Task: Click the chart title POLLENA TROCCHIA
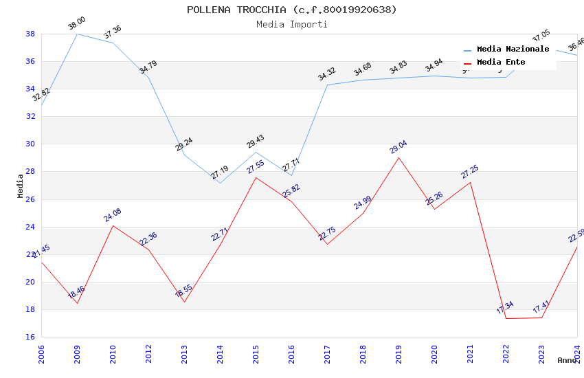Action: pos(291,10)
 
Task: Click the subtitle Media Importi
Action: pos(291,24)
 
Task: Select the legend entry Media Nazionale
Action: pos(513,49)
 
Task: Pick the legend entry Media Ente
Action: pos(501,63)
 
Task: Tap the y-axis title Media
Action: pos(20,186)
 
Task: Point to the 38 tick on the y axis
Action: pos(30,34)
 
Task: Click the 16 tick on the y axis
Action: pos(30,337)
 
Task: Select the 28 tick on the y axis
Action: pos(30,172)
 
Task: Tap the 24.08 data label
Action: pos(113,215)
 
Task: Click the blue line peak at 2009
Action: pos(77,34)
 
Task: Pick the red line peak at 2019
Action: pos(398,157)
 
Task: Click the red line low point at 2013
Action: pos(184,302)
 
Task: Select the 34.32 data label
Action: pos(327,74)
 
